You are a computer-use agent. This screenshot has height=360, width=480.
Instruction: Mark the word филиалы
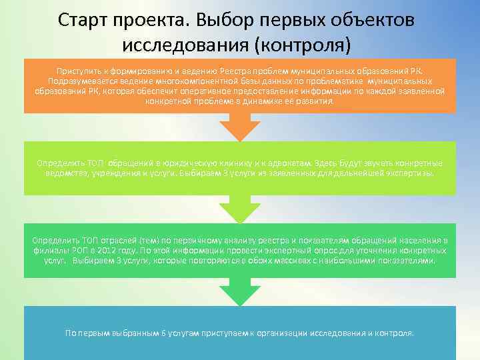tap(47, 250)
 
